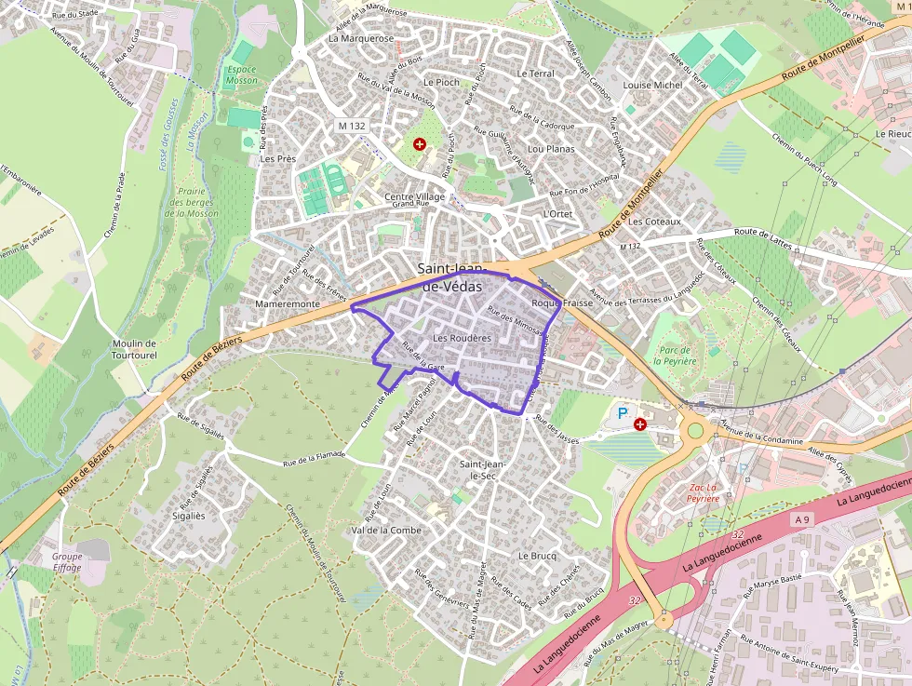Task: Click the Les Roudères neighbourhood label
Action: click(x=462, y=338)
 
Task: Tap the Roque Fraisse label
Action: click(x=562, y=303)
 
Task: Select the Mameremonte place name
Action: click(x=287, y=303)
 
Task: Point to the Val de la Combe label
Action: click(x=386, y=530)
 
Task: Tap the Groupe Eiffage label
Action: click(x=67, y=561)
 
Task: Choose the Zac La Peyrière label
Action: click(x=703, y=492)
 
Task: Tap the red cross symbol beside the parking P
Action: click(x=640, y=424)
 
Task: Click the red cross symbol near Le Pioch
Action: click(x=420, y=144)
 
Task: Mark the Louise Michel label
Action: click(x=652, y=85)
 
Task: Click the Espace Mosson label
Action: click(x=241, y=75)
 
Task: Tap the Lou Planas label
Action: click(x=551, y=148)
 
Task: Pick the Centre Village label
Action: click(x=415, y=197)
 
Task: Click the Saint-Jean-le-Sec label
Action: click(x=483, y=469)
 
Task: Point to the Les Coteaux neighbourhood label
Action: click(x=655, y=222)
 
